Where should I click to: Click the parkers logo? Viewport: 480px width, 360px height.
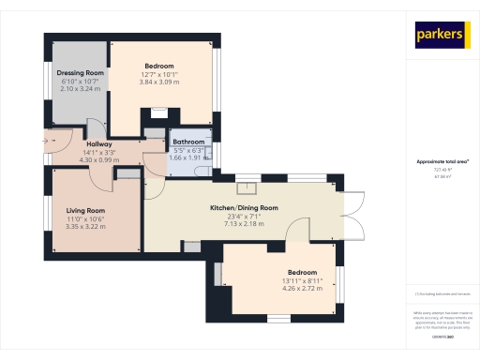(x=441, y=35)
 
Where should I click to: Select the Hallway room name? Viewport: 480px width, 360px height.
(x=99, y=144)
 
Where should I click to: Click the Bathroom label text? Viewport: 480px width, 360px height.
(x=188, y=142)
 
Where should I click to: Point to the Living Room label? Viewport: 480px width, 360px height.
(x=84, y=211)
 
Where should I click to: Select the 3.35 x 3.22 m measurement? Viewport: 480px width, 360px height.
(x=84, y=227)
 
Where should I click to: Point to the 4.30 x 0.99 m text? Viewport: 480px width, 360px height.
(x=99, y=159)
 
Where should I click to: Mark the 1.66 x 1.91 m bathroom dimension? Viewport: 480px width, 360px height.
(x=188, y=157)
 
